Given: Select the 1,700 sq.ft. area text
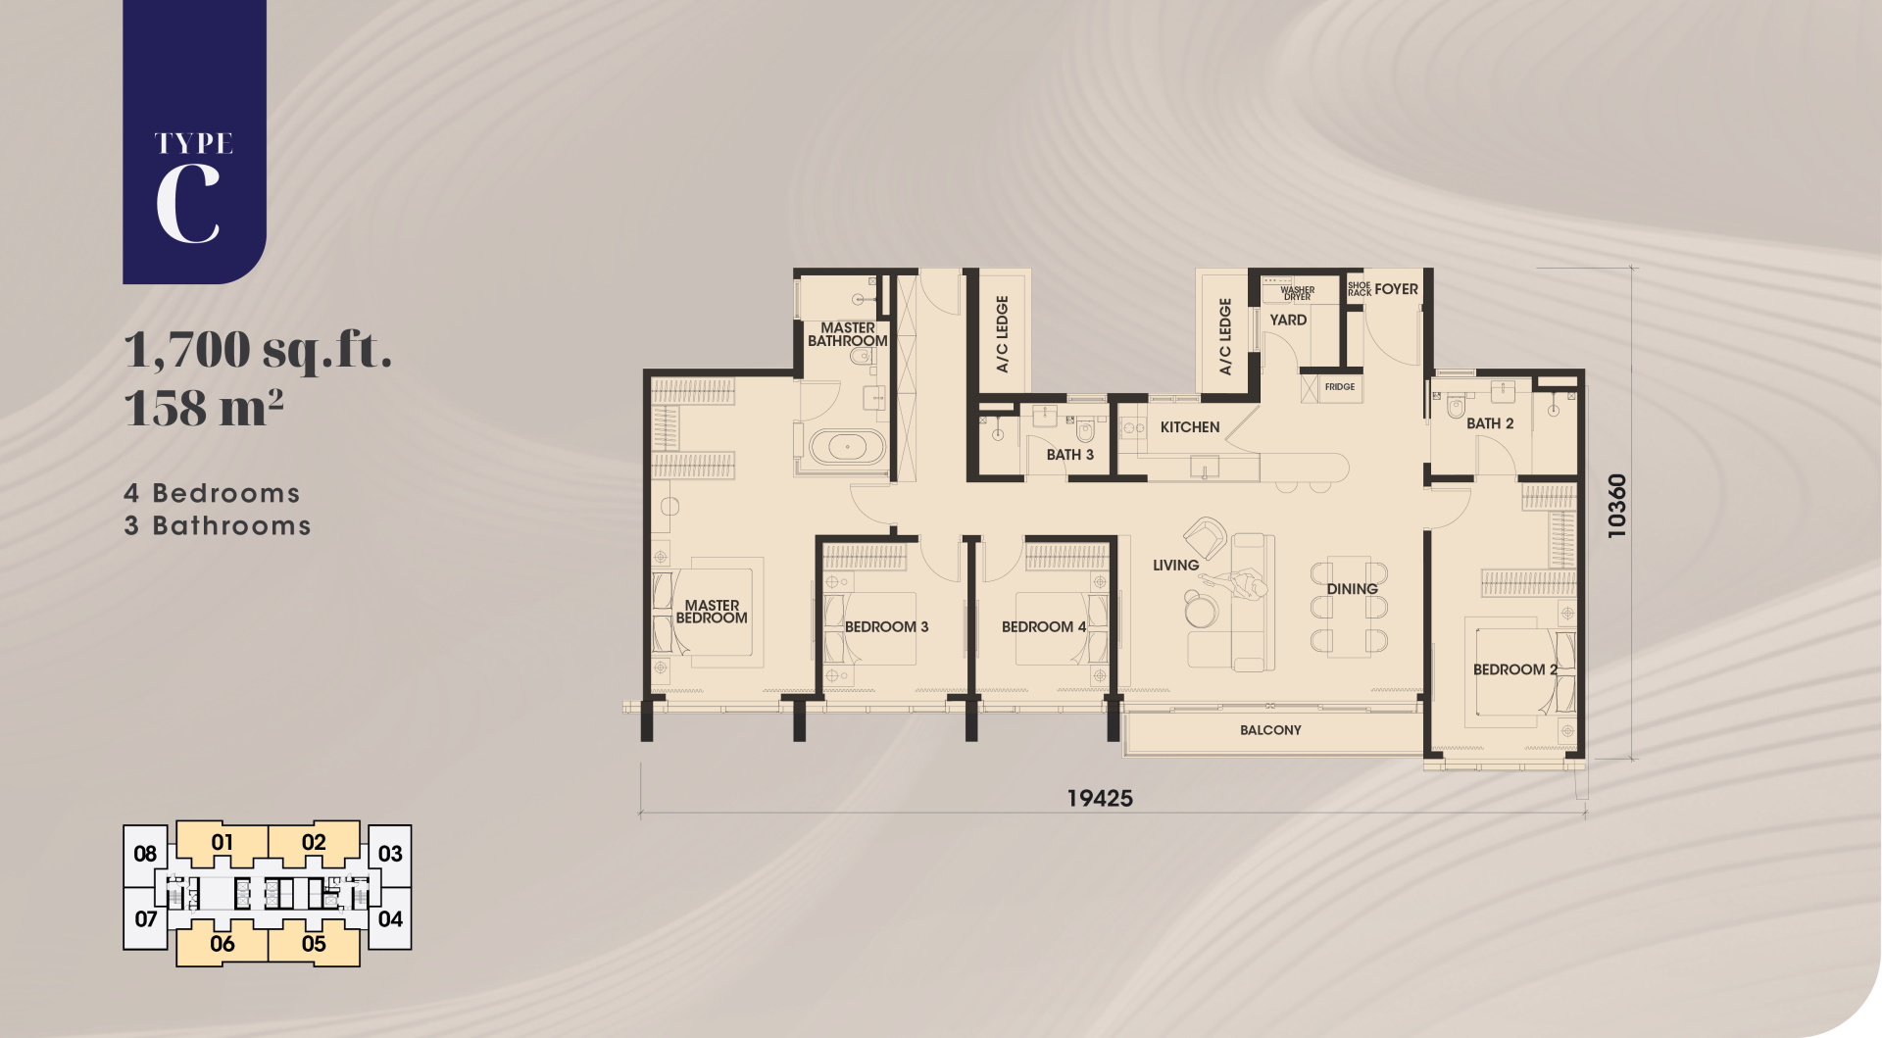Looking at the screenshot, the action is coord(259,350).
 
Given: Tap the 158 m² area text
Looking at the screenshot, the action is coord(204,407).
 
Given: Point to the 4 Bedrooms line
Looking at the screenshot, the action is coord(212,493).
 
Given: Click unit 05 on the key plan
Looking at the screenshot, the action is coord(314,944).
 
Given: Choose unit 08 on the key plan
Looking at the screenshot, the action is coord(145,853).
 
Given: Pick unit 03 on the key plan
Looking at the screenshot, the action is coord(390,853).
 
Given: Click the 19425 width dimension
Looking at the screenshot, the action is coord(1100,798).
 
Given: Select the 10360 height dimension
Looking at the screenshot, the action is coord(1616,506).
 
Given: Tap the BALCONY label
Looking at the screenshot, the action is coord(1270,730).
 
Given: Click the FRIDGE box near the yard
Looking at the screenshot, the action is coord(1340,387).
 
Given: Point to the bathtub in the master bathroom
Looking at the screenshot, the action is coord(848,449).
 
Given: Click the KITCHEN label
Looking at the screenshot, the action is coord(1190,427).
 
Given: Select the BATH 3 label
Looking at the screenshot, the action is coord(1069,455).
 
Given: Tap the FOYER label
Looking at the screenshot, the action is coord(1396,289).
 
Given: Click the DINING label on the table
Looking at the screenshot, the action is coord(1352,589).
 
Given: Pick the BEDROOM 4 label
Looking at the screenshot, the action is coord(1044,626).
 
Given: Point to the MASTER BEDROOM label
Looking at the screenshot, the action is coord(712,612).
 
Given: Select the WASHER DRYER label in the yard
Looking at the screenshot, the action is coord(1297,293).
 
